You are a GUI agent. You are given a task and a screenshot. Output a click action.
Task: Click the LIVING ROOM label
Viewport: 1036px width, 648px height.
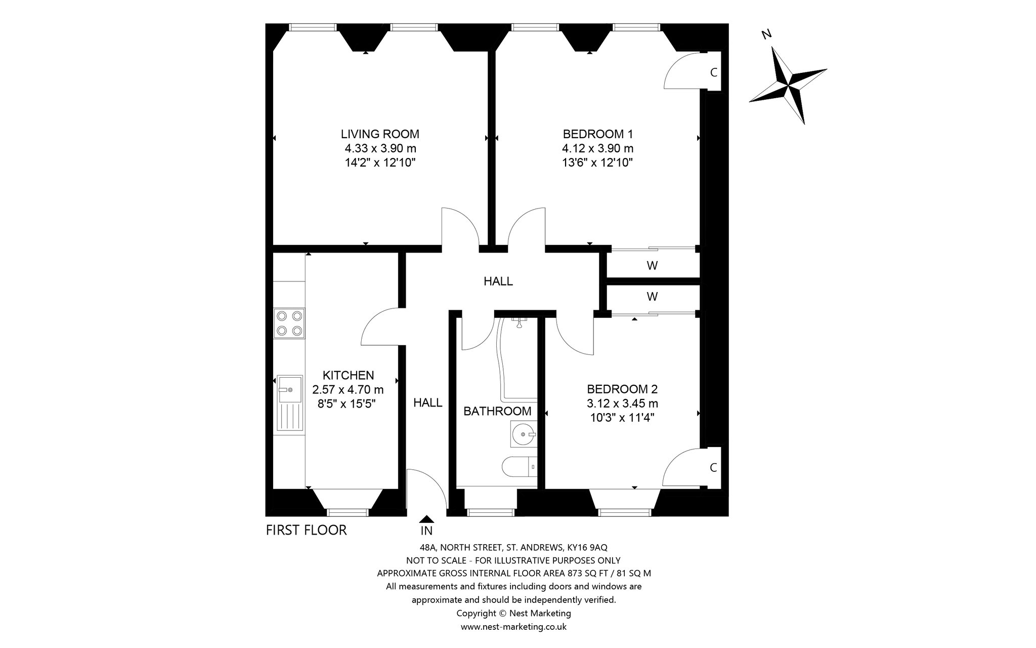(380, 134)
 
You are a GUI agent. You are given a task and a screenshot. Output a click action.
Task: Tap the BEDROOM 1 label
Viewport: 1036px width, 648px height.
(598, 134)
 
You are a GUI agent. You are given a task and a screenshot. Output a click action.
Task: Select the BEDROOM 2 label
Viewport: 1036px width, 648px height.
(622, 389)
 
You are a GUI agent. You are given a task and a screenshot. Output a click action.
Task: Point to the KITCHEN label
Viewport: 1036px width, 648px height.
(349, 375)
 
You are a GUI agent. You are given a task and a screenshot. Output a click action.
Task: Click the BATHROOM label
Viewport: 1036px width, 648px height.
(498, 411)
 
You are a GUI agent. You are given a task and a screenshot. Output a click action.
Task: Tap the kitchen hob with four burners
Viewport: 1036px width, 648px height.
(289, 323)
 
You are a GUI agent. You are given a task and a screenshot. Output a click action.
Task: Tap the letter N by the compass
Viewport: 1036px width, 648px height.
(767, 34)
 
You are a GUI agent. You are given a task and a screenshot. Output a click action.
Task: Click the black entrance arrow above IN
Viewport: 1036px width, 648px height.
(427, 518)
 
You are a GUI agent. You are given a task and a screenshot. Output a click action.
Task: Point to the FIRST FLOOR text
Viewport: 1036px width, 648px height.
(307, 530)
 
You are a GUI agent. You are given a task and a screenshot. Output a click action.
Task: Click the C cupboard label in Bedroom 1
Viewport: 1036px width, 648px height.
(714, 72)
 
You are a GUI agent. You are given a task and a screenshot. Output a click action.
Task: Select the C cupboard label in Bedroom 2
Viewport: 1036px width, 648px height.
(714, 468)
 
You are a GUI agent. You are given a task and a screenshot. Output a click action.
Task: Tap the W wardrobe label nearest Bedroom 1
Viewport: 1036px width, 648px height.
(652, 265)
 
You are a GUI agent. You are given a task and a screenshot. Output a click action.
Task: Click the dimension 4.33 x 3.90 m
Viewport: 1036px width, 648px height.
(380, 148)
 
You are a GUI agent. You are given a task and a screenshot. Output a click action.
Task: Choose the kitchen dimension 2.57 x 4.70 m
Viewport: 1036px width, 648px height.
(348, 390)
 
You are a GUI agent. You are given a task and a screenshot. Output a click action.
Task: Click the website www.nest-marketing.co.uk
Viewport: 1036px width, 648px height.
(513, 627)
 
